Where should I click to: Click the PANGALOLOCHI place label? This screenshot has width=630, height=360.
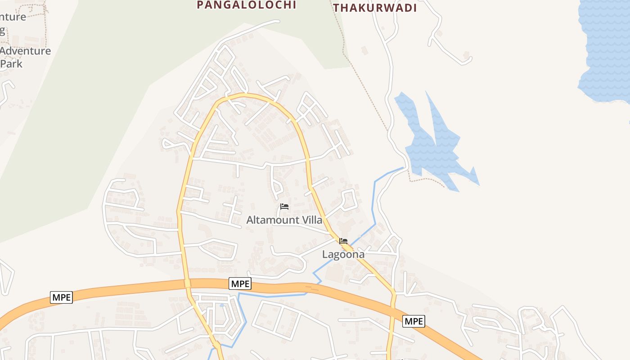tap(247, 5)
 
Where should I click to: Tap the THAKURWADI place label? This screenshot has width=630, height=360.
tap(375, 8)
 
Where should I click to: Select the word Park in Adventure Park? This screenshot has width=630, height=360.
tap(12, 63)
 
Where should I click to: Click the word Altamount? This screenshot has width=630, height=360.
tap(272, 220)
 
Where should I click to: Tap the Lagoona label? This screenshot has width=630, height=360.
tap(343, 254)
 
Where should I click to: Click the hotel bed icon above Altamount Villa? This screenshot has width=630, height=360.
tap(284, 207)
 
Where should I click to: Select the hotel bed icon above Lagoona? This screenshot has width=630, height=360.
tap(343, 241)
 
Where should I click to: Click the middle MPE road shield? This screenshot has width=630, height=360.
tap(240, 283)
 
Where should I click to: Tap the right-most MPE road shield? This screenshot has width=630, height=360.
tap(413, 321)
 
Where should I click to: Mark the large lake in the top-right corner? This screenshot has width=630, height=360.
tap(605, 49)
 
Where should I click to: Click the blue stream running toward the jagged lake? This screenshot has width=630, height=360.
tap(373, 202)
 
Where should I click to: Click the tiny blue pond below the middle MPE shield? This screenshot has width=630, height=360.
tap(222, 305)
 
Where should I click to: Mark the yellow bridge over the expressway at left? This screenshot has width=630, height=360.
tap(187, 283)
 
